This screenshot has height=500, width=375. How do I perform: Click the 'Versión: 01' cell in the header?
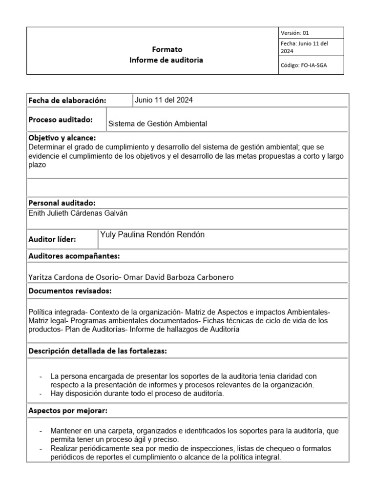click(x=295, y=33)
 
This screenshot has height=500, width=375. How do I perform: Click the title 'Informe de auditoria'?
click(x=166, y=60)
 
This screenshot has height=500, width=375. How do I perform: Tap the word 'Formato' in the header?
click(x=167, y=49)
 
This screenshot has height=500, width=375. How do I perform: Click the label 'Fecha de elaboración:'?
click(x=67, y=100)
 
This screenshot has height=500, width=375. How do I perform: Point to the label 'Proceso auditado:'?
click(x=61, y=120)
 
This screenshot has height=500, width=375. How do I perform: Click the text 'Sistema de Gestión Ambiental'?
click(x=157, y=124)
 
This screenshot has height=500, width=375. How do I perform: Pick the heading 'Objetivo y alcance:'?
click(x=62, y=138)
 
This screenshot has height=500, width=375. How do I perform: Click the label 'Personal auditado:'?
click(x=62, y=203)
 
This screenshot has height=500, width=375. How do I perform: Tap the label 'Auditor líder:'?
click(x=52, y=239)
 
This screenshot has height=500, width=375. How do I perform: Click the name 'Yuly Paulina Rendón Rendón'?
click(x=152, y=235)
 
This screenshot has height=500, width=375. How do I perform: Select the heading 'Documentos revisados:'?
click(x=70, y=291)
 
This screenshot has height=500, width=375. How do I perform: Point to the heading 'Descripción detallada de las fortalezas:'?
click(x=98, y=351)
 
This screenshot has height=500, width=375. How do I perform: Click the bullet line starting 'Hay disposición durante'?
click(x=137, y=394)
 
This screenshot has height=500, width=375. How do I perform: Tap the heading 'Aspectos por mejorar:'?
click(x=68, y=411)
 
